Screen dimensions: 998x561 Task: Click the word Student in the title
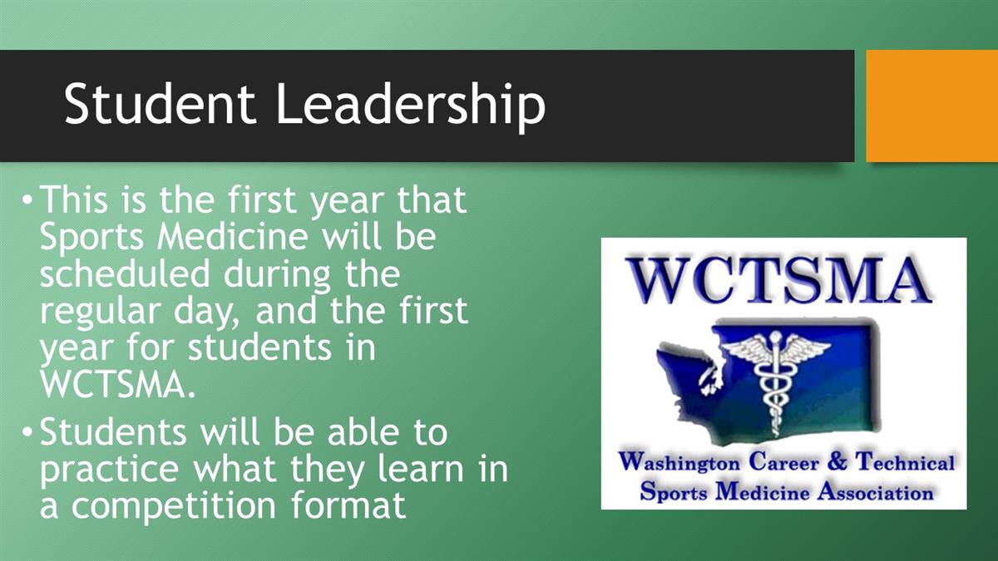tap(160, 103)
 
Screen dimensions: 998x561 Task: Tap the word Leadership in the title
tap(411, 107)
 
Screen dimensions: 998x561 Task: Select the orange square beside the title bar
tap(932, 106)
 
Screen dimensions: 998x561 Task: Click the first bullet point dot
tap(27, 199)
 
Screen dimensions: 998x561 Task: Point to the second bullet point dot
tap(27, 431)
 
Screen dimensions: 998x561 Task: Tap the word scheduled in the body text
tap(125, 273)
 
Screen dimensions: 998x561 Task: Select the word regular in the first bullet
tap(101, 312)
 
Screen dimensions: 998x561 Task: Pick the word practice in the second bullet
tap(110, 471)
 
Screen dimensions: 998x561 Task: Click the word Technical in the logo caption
tap(906, 461)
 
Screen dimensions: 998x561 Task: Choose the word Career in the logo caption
tap(783, 461)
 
